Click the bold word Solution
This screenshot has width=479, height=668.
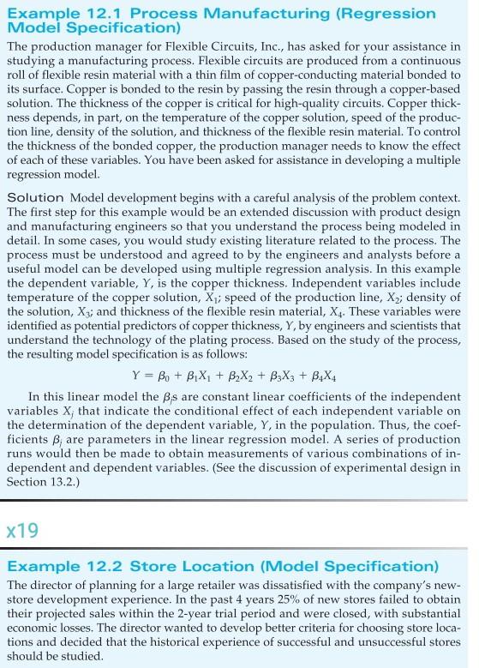pyautogui.click(x=35, y=198)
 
